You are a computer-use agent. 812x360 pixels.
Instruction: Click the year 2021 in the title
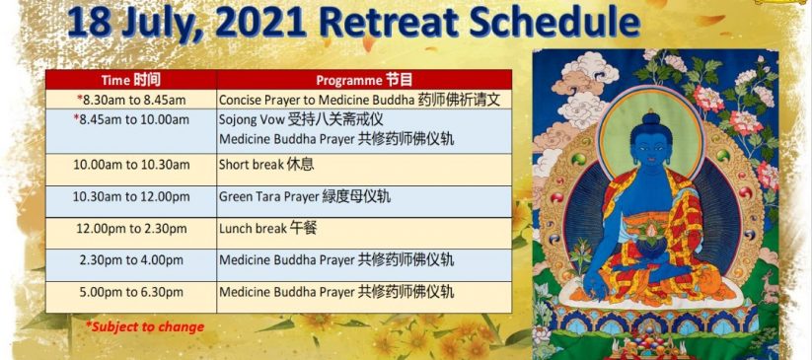click(x=264, y=23)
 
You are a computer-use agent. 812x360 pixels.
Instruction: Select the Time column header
click(x=131, y=80)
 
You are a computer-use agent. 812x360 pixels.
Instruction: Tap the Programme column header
click(x=365, y=80)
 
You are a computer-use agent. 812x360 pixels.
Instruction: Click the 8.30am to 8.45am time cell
click(x=131, y=100)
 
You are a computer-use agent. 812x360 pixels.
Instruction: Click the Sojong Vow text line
click(x=301, y=119)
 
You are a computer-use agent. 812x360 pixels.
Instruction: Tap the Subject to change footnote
click(x=144, y=326)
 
